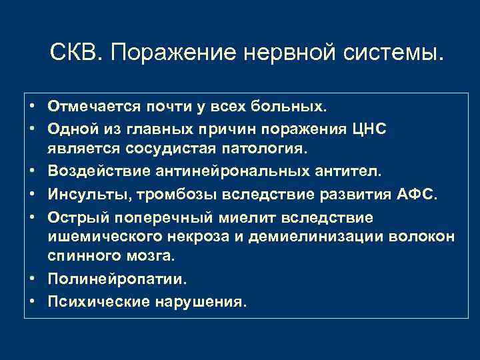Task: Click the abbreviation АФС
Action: [x=415, y=193]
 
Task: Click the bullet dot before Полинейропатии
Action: [x=31, y=280]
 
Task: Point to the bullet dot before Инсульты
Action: [x=31, y=193]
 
